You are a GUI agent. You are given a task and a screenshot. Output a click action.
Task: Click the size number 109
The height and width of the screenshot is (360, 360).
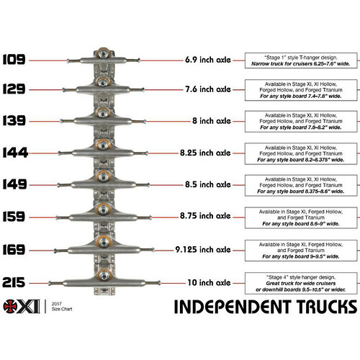point(15,60)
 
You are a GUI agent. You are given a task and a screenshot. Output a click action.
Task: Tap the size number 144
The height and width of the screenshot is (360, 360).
point(15,153)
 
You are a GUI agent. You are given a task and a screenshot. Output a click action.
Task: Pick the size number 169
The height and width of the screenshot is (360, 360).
point(15,246)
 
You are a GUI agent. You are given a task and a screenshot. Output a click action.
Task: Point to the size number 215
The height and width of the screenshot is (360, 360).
point(15,281)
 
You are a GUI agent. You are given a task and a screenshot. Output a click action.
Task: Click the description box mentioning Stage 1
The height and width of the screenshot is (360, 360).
point(302,60)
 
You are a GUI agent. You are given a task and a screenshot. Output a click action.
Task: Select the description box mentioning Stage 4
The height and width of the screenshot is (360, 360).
point(302,281)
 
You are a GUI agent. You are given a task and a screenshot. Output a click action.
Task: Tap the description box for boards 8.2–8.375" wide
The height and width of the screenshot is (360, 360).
point(302,153)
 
